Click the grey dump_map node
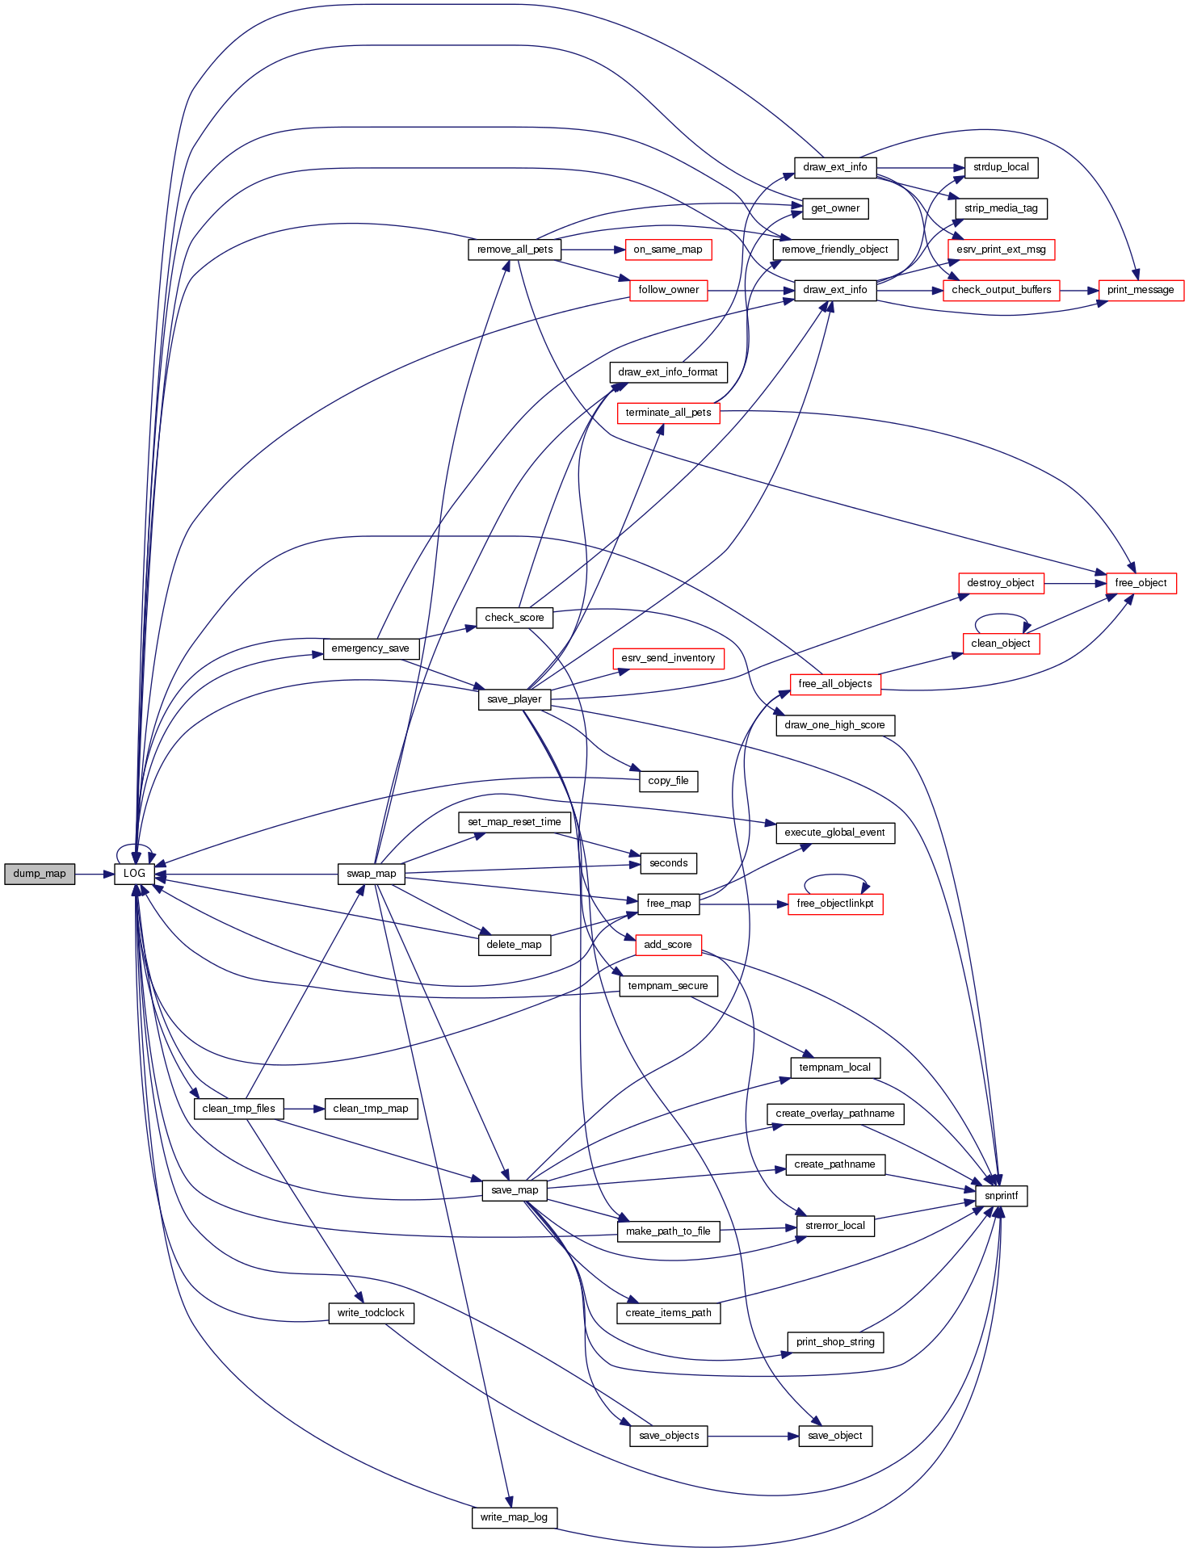(x=40, y=874)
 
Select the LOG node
(x=134, y=874)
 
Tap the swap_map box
(x=372, y=874)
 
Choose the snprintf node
(x=1001, y=1196)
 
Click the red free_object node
(x=1141, y=583)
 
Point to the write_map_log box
(x=514, y=1517)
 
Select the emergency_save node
(x=371, y=648)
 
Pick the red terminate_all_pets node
(x=668, y=413)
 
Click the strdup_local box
(x=1001, y=167)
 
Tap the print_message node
(x=1141, y=290)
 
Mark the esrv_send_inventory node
(x=668, y=658)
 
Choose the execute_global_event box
(x=834, y=833)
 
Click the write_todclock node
(x=371, y=1313)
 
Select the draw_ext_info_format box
(x=668, y=372)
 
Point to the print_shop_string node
(x=835, y=1342)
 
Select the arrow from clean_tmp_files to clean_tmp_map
(x=304, y=1109)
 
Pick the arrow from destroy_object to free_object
(x=1074, y=583)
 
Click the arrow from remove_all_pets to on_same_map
(x=593, y=250)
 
